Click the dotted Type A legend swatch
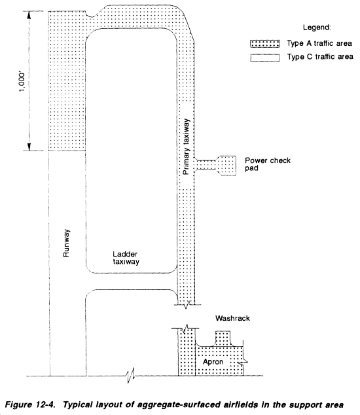[x=264, y=44]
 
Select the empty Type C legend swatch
[x=264, y=58]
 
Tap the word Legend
[x=317, y=27]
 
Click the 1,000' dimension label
[x=22, y=82]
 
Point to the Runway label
[x=66, y=243]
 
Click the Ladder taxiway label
[x=126, y=258]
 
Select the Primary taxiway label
[x=187, y=147]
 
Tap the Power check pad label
[x=267, y=164]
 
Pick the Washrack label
[x=232, y=318]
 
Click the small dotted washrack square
[x=223, y=338]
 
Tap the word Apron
[x=213, y=362]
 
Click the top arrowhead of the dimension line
[x=29, y=15]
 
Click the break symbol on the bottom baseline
[x=131, y=375]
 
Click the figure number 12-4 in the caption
[x=46, y=405]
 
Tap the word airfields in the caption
[x=240, y=405]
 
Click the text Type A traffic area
[x=319, y=43]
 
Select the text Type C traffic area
[x=320, y=57]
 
